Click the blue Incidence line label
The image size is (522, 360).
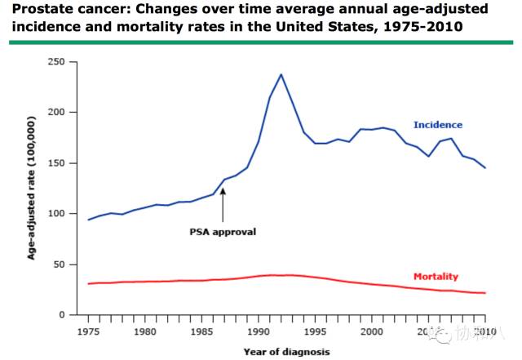(437, 125)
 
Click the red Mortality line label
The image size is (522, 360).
(436, 277)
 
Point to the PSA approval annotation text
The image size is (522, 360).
(223, 231)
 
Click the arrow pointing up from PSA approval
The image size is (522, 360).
(223, 203)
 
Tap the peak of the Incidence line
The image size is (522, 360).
(281, 75)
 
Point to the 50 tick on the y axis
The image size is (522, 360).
(59, 264)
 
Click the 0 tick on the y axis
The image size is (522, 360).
(61, 315)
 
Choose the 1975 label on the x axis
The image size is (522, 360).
(89, 331)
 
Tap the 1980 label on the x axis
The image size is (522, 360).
(145, 331)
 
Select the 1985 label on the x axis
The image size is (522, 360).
(202, 331)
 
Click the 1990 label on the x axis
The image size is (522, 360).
(259, 331)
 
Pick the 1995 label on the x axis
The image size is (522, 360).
(316, 331)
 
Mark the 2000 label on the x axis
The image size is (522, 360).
(372, 331)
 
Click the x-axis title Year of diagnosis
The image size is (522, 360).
(286, 352)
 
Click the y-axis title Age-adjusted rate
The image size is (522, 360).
(32, 188)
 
